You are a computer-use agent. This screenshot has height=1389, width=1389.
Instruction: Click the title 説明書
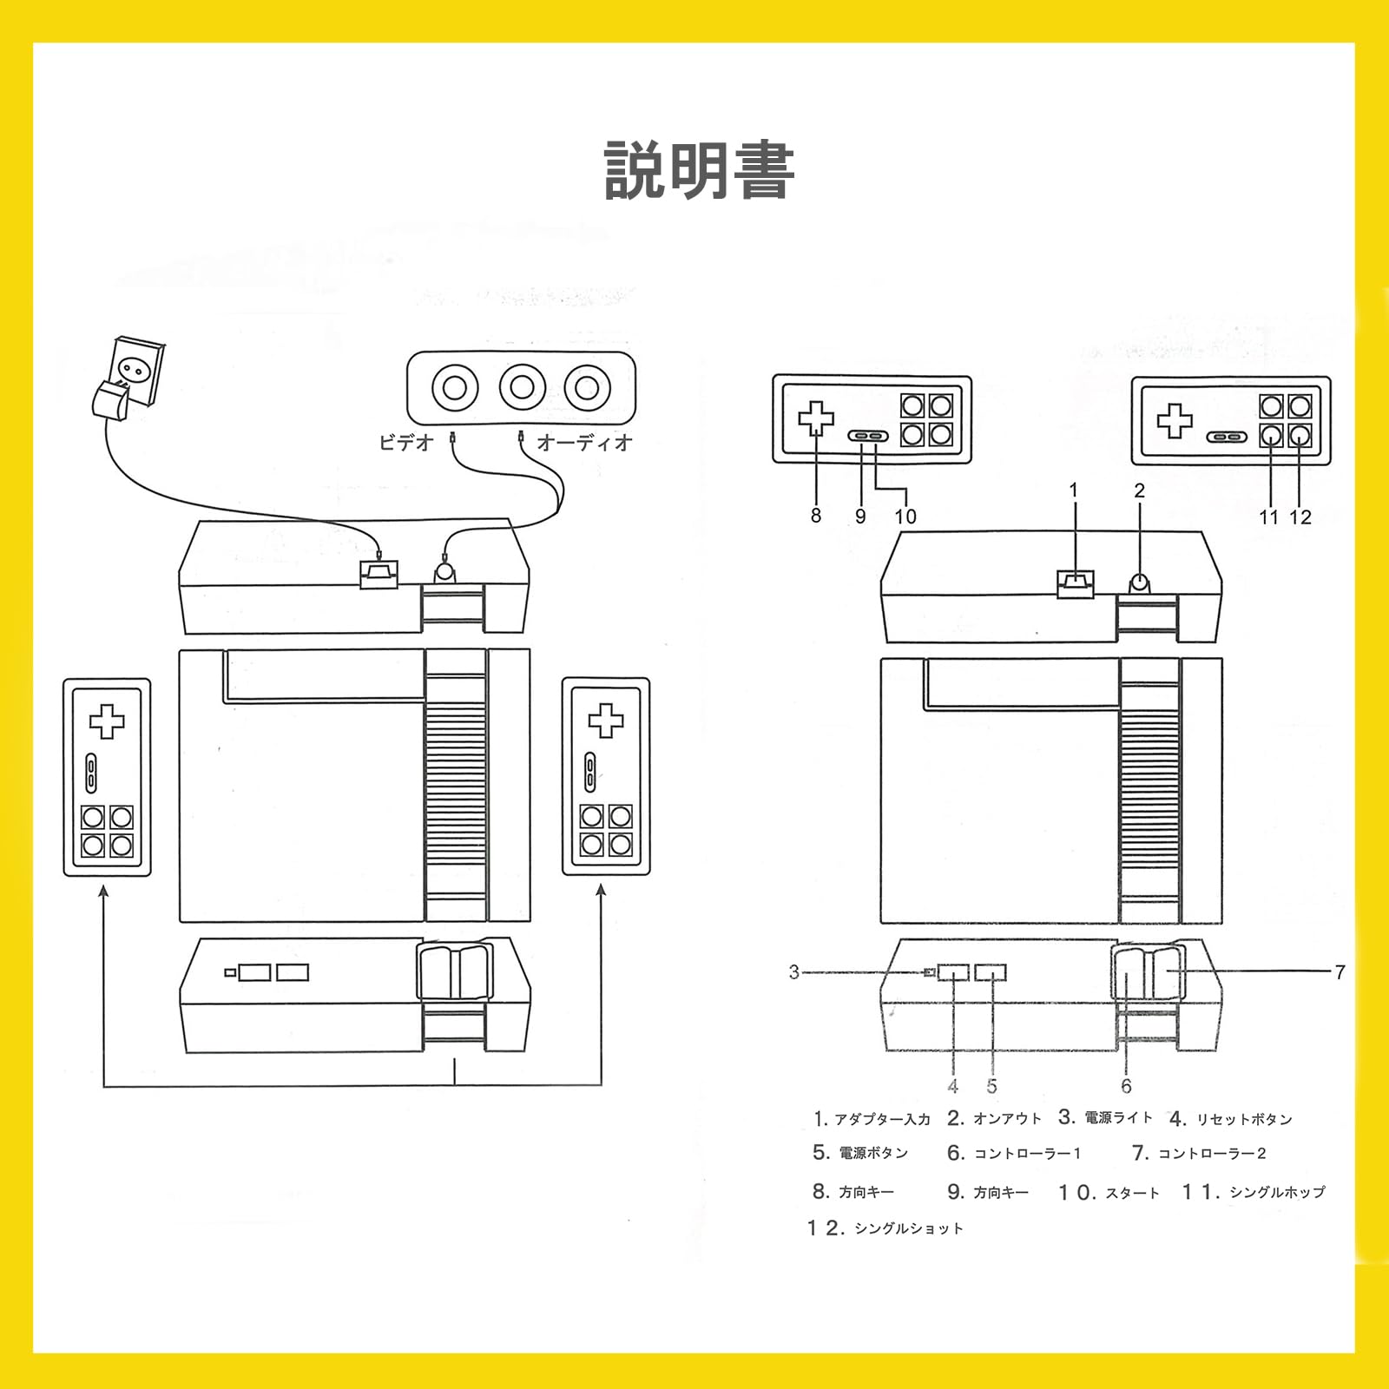pyautogui.click(x=699, y=171)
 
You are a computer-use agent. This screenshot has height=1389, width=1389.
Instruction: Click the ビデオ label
pyautogui.click(x=405, y=443)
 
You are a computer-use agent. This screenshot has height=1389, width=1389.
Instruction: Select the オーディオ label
pyautogui.click(x=584, y=443)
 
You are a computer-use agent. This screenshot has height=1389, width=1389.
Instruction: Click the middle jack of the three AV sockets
pyautogui.click(x=522, y=387)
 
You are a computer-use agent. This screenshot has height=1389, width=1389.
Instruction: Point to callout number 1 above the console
pyautogui.click(x=1074, y=490)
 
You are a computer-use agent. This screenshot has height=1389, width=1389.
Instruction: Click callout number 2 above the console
pyautogui.click(x=1140, y=490)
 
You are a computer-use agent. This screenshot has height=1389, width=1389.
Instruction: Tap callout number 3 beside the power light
pyautogui.click(x=793, y=971)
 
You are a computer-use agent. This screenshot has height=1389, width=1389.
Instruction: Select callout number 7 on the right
pyautogui.click(x=1340, y=971)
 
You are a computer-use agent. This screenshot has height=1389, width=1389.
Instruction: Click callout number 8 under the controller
pyautogui.click(x=815, y=516)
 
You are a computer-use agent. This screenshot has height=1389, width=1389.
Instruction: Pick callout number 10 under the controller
pyautogui.click(x=905, y=517)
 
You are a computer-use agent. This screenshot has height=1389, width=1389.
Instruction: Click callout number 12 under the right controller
pyautogui.click(x=1300, y=517)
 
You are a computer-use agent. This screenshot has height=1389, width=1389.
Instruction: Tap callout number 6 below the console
pyautogui.click(x=1126, y=1086)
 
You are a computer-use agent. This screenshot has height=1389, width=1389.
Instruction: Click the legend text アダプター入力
pyautogui.click(x=882, y=1119)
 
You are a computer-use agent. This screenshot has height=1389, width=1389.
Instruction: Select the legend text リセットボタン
pyautogui.click(x=1244, y=1119)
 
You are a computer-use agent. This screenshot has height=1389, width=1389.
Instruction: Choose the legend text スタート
pyautogui.click(x=1132, y=1193)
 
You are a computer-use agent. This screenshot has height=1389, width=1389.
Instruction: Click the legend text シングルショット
pyautogui.click(x=908, y=1228)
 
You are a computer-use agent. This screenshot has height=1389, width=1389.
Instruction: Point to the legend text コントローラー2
pyautogui.click(x=1212, y=1154)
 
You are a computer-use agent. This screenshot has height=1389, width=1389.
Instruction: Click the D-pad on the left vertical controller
pyautogui.click(x=107, y=721)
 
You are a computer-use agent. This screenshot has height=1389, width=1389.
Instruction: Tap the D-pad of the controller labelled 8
pyautogui.click(x=816, y=418)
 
